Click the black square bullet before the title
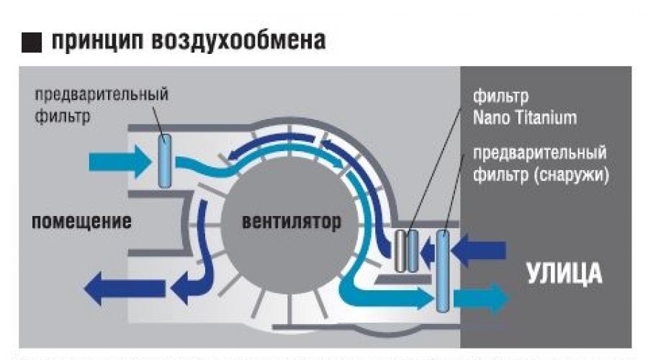point(32,42)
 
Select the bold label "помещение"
point(81,220)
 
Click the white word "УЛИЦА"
point(563,274)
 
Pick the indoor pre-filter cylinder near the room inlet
point(165,161)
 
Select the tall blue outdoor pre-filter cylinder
point(442,269)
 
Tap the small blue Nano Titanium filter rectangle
point(413,251)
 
